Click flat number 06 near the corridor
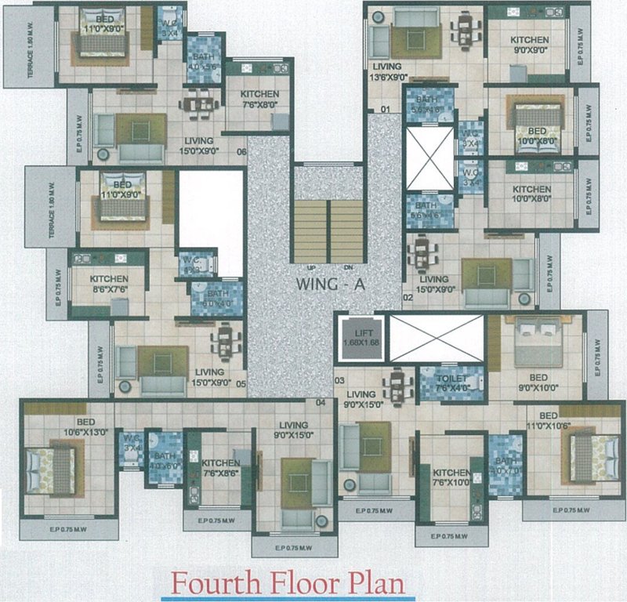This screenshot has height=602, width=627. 241,152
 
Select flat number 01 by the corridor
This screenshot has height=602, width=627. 386,108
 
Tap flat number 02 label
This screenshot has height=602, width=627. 408,298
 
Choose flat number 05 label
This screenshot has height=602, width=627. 241,384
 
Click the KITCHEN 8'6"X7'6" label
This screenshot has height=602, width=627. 108,283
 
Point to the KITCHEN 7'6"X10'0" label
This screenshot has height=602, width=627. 451,479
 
